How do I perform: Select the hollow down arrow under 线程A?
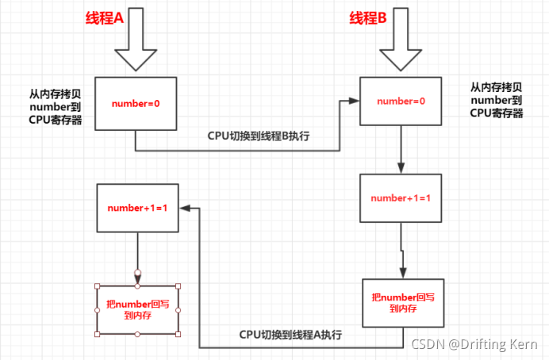136,48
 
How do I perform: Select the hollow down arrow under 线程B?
401,48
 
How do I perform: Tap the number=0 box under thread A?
135,103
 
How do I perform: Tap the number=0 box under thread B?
401,101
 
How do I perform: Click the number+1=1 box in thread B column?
399,198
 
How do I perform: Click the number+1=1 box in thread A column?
137,208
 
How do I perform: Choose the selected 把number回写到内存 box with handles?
137,309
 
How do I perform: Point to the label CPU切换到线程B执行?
258,136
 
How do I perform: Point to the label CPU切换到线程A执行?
290,335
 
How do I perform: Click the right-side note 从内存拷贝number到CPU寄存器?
496,100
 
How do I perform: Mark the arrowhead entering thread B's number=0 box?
355,101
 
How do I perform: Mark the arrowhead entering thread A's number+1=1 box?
185,208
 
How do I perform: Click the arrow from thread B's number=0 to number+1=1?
401,150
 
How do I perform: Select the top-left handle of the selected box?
97,285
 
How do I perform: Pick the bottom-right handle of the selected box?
179,334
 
